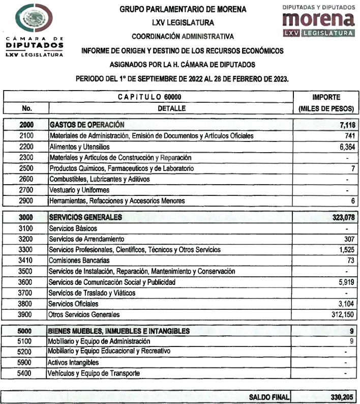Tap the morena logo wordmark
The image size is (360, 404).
tap(318, 20)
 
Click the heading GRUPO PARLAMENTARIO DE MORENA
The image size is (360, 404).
tap(183, 9)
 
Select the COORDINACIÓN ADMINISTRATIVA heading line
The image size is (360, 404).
tap(183, 37)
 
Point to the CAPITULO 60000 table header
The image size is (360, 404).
tap(149, 97)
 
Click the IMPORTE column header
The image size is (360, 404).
tap(326, 97)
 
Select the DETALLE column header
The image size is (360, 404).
tap(171, 108)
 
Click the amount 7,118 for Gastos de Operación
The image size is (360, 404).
tap(344, 125)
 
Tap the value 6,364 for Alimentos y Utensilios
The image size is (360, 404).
tap(345, 147)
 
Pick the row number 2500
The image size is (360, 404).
tap(26, 168)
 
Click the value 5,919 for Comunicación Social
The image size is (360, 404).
tap(345, 282)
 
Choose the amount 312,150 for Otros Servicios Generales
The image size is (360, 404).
tap(341, 314)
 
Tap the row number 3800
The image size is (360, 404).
tap(26, 304)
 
